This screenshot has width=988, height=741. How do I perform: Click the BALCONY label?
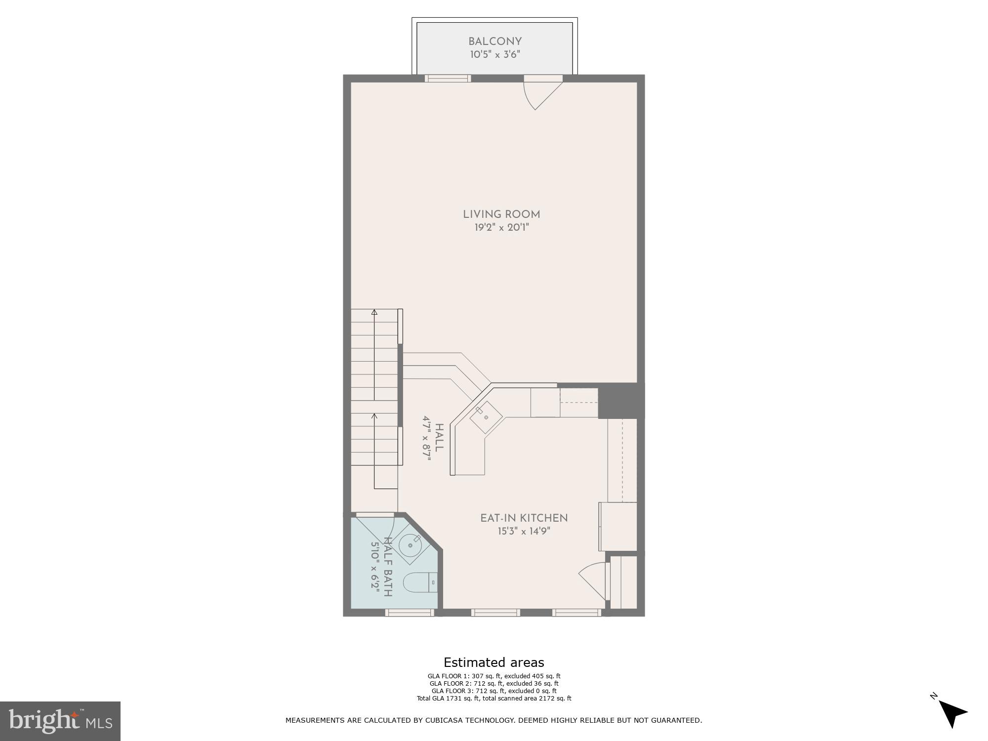(495, 41)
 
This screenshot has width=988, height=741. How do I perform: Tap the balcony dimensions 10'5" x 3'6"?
(495, 55)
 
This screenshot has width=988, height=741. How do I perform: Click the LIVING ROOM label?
(501, 214)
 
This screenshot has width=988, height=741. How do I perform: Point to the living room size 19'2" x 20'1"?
(501, 228)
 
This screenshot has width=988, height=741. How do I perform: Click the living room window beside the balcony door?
(448, 78)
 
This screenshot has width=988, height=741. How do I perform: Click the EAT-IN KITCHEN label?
(524, 518)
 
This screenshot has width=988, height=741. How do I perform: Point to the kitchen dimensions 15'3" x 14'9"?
(524, 532)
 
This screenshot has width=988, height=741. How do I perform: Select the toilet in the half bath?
(420, 583)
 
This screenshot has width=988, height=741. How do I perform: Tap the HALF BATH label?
(388, 567)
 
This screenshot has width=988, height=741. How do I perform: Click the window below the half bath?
(410, 613)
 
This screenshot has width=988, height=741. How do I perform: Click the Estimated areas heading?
(494, 662)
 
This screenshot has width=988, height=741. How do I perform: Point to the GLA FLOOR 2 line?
(494, 684)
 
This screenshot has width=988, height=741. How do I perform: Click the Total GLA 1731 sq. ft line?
(494, 699)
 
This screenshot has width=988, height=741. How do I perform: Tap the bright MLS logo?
(60, 721)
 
